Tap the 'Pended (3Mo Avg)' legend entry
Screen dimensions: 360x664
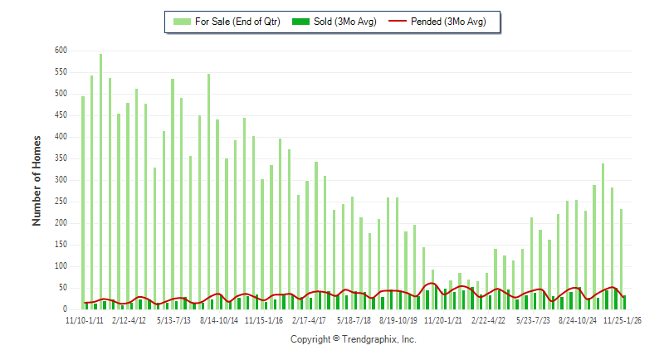[448, 22]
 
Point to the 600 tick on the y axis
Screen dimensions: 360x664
[61, 51]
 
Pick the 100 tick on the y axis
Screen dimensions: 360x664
[61, 266]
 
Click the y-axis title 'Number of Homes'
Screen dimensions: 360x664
[37, 180]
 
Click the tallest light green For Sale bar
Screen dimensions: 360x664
[101, 182]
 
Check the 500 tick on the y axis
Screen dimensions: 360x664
[61, 94]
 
